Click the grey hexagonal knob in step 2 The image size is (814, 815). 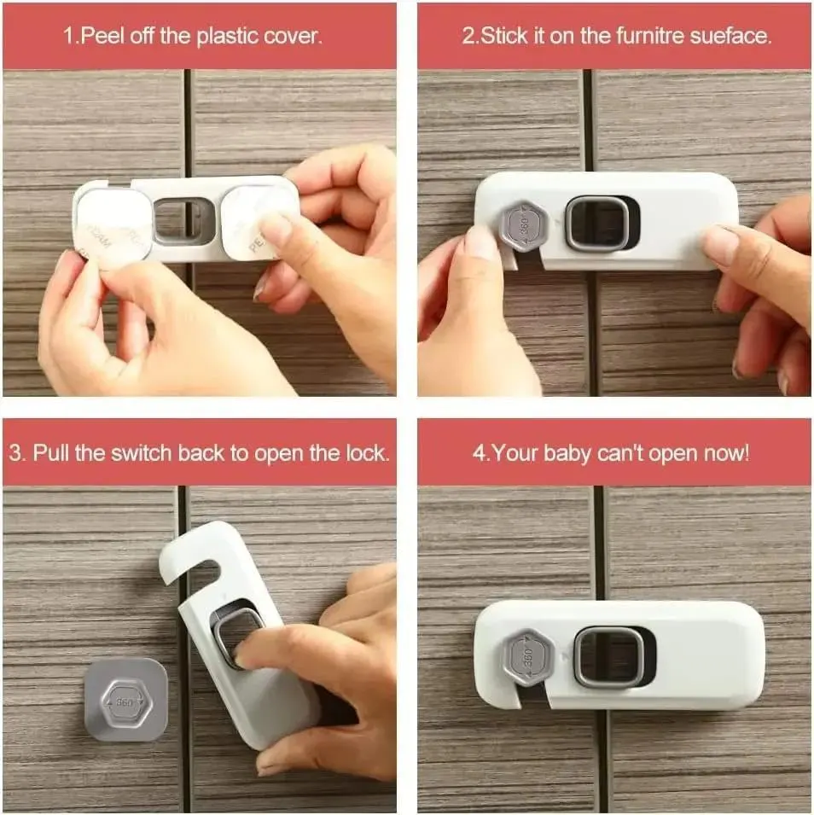point(526,225)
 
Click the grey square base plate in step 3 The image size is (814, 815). point(125,699)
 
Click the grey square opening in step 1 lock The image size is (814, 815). point(184,221)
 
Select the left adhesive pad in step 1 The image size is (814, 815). point(113,229)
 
